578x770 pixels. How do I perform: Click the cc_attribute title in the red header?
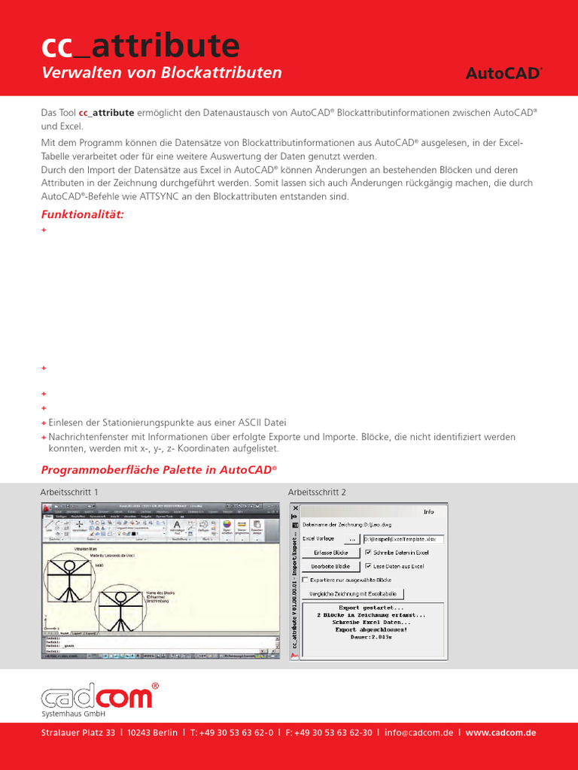pos(140,47)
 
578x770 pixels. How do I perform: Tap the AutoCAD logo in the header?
pos(503,74)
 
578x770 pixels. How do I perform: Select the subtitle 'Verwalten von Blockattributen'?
pos(161,73)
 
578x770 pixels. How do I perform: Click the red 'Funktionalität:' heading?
pos(82,214)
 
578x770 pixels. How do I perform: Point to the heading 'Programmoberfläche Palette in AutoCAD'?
pos(159,470)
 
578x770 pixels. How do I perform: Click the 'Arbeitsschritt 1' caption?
pos(69,492)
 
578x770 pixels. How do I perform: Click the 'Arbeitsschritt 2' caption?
pos(317,492)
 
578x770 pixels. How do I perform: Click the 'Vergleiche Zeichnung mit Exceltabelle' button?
pos(353,594)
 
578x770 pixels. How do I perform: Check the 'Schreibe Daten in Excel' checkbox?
pos(368,553)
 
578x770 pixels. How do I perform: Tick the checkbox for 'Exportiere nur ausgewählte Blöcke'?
pos(305,580)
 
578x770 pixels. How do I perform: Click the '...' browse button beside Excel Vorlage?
pos(352,539)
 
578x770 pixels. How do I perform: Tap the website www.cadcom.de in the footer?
pos(500,733)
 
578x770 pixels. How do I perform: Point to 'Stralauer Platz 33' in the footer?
pos(78,733)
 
